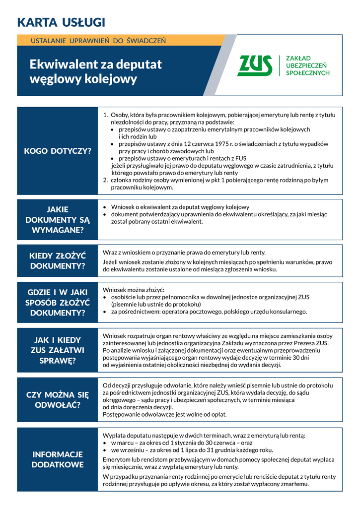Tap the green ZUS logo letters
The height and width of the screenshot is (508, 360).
tap(255, 65)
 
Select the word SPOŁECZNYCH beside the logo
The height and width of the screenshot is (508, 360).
tap(308, 73)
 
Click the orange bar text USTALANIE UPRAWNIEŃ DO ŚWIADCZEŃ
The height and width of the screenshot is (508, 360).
tap(98, 40)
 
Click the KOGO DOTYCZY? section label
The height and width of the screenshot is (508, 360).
tap(58, 151)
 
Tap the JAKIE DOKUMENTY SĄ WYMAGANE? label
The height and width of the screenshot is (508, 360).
tap(58, 220)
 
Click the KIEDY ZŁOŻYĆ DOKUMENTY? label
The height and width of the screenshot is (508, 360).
tap(58, 261)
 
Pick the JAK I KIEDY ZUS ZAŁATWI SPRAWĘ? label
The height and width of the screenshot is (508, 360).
tap(58, 350)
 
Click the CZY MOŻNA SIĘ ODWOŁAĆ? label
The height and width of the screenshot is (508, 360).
tap(58, 400)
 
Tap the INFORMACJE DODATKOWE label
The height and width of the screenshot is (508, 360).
tap(58, 459)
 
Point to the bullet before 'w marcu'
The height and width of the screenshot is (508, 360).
tap(105, 443)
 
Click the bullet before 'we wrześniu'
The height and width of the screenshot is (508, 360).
tap(105, 450)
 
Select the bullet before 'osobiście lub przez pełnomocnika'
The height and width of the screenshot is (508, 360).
tap(105, 297)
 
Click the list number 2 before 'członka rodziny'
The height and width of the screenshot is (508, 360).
tap(105, 180)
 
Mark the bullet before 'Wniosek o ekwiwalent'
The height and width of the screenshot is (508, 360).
tap(105, 207)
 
